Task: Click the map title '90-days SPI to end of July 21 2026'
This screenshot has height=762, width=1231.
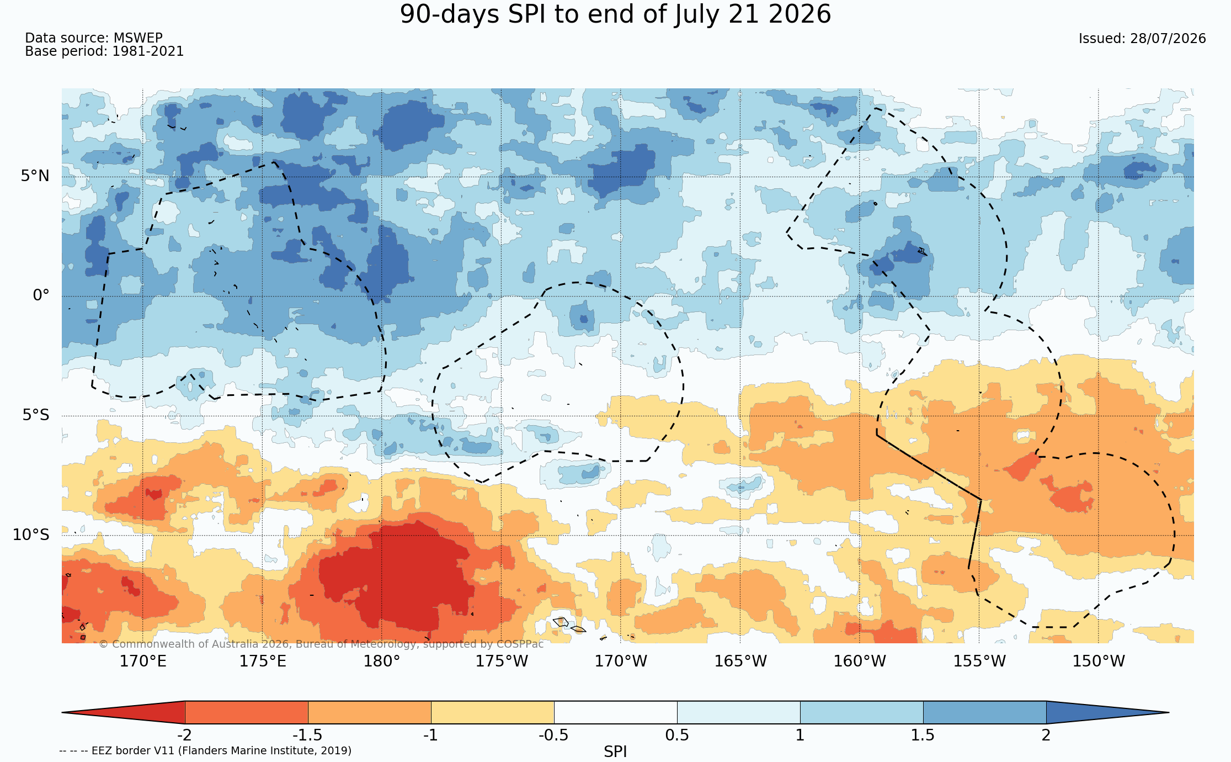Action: click(615, 14)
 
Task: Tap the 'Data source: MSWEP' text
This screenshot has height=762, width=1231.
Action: click(94, 38)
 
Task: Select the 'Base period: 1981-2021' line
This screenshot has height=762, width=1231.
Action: click(104, 51)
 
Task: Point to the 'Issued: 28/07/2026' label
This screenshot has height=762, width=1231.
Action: click(1142, 39)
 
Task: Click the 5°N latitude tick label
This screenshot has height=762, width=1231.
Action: click(35, 176)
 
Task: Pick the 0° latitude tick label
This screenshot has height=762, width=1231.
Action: click(41, 295)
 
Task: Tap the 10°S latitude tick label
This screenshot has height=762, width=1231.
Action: click(31, 535)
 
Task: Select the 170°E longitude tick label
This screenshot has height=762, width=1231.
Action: click(143, 661)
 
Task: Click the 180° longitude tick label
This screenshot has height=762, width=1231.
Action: click(381, 661)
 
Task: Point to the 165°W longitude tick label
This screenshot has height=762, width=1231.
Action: click(740, 661)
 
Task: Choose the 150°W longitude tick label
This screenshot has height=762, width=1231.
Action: click(1099, 661)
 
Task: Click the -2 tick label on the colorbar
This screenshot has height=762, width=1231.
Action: click(184, 735)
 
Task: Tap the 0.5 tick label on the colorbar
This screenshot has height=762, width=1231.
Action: click(677, 735)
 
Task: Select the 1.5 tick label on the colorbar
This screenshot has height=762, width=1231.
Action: click(923, 735)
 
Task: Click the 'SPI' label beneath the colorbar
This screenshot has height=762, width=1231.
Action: click(615, 752)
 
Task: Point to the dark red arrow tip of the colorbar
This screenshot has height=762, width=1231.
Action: click(63, 712)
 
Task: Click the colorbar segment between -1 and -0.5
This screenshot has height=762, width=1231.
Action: click(492, 712)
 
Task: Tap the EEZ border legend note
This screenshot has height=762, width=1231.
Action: click(205, 750)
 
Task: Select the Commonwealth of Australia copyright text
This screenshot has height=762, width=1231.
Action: click(321, 644)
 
